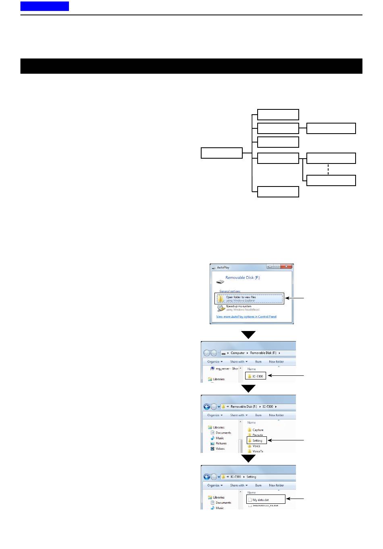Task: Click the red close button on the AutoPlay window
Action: (287, 267)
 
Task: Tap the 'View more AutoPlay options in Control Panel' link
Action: (246, 317)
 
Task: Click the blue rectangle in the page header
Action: (44, 6)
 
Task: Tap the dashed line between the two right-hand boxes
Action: (329, 169)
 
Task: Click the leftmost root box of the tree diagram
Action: (221, 153)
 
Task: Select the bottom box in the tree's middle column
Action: (278, 192)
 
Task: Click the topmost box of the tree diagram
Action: (278, 114)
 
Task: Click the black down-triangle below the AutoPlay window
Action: (248, 335)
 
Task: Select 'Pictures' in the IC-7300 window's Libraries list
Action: (221, 443)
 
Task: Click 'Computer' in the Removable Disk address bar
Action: (237, 353)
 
